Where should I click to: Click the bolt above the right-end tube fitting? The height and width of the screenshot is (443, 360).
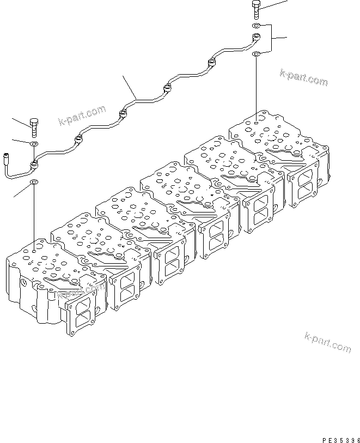256,9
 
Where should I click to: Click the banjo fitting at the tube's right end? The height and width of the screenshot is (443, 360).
255,39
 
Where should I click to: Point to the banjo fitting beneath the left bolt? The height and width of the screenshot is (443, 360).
35,163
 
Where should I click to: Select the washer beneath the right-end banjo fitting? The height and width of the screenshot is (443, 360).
256,53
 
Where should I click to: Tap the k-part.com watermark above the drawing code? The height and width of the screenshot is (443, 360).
328,344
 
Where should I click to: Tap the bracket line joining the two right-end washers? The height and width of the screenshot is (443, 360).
270,39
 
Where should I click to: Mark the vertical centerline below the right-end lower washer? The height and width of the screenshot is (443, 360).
256,87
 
